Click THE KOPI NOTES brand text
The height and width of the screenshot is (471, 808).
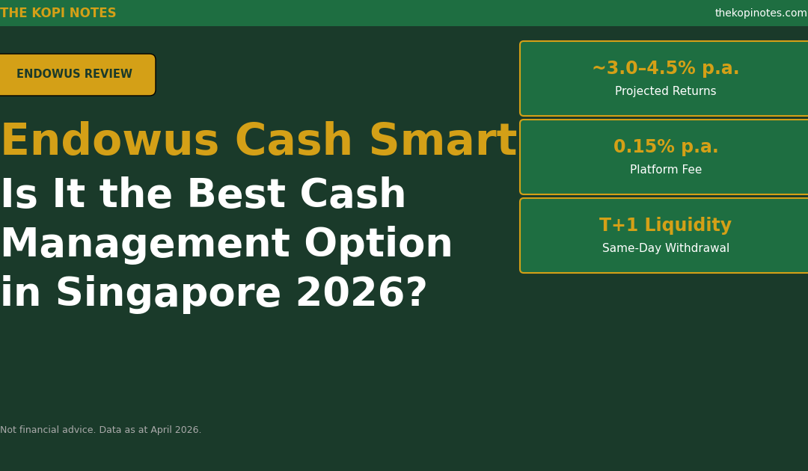(x=58, y=13)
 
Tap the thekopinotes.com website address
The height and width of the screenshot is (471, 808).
(x=761, y=13)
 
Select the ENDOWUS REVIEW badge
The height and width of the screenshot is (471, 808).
(x=77, y=75)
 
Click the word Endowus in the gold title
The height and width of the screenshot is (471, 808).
(x=110, y=141)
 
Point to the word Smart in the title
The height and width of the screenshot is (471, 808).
(x=443, y=141)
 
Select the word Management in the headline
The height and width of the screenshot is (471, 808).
(x=145, y=244)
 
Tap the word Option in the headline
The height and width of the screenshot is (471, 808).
(x=379, y=244)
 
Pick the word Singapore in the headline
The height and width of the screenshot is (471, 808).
(x=168, y=293)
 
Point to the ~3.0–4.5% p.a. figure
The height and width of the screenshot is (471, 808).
(x=666, y=68)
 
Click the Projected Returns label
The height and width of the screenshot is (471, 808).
(x=666, y=91)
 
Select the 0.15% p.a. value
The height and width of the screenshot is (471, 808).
(x=666, y=147)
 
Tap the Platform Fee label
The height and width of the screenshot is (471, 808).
(x=666, y=170)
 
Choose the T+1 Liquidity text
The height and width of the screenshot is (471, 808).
(x=666, y=225)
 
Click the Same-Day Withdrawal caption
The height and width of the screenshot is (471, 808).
(x=666, y=248)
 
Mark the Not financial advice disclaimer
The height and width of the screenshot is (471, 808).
(x=100, y=430)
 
